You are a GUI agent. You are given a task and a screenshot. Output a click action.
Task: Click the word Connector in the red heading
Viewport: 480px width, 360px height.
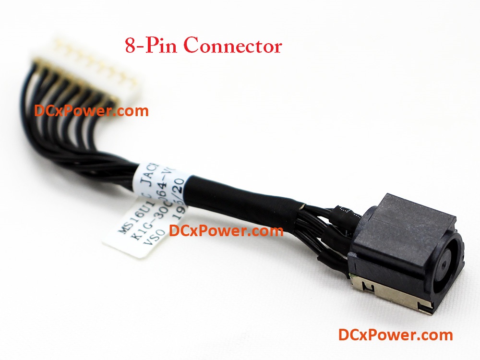[x=232, y=46]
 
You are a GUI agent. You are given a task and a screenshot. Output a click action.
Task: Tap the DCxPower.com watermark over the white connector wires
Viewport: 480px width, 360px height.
[x=91, y=111]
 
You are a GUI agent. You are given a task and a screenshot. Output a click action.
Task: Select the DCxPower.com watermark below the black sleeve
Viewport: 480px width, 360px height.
[x=226, y=231]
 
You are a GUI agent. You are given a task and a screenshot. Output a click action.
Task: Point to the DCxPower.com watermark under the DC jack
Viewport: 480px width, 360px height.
[x=395, y=335]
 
